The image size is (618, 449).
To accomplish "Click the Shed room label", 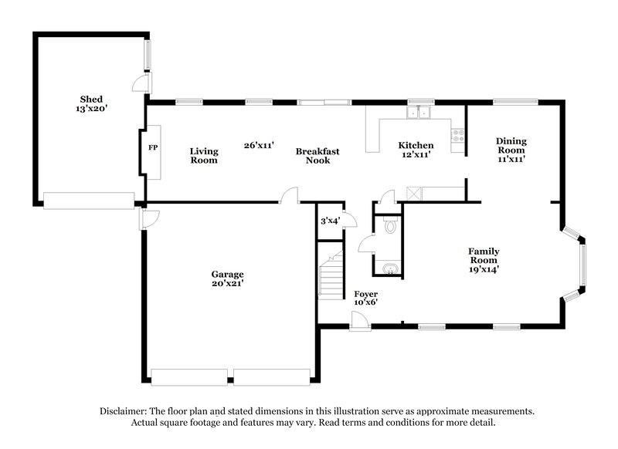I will (91, 100).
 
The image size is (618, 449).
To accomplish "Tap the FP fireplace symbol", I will (152, 147).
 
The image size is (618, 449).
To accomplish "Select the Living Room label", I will (204, 156).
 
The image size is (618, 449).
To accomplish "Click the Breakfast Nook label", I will (317, 156).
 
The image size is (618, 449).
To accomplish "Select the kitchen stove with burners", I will (459, 137).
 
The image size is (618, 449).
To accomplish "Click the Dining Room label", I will (511, 145).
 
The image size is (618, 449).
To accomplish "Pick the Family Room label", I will (484, 260).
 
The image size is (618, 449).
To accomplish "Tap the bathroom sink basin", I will (389, 268).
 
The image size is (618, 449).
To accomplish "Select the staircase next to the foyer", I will (331, 274).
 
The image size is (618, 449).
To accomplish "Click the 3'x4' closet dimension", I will (330, 221).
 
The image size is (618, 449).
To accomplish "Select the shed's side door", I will (141, 84).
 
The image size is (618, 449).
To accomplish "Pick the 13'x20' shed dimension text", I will (91, 110).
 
